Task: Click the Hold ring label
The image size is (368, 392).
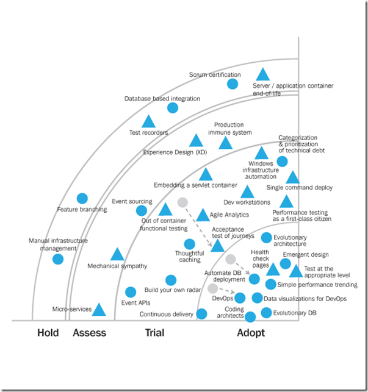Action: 48,333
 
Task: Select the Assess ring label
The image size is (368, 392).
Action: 89,333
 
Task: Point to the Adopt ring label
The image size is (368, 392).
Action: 250,333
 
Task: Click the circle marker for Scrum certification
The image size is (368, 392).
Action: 233,84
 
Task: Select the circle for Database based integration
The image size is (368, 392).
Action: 173,108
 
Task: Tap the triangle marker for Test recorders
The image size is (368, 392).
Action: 148,122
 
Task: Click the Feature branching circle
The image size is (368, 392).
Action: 82,198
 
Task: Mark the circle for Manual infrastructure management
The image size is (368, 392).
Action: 58,259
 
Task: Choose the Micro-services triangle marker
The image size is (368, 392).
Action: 99,310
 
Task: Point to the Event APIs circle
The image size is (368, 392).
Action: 130,292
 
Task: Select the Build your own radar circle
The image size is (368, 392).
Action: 171,280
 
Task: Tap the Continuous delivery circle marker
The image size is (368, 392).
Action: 202,314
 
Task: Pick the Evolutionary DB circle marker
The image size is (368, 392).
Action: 266,313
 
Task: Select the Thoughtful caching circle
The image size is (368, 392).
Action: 190,244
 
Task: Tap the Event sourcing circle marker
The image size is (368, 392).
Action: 142,210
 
